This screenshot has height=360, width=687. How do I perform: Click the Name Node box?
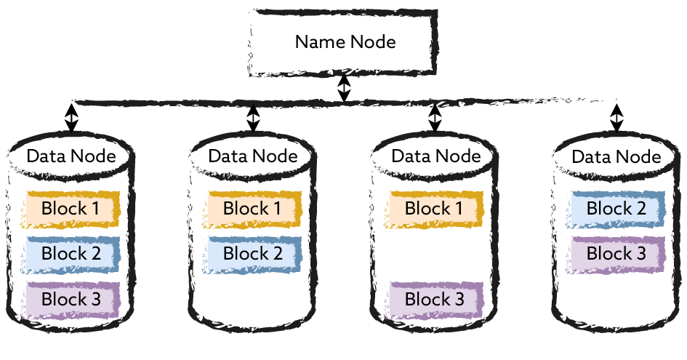click(345, 42)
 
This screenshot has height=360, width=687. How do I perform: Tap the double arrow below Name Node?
click(345, 89)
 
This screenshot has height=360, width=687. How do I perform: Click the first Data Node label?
click(71, 156)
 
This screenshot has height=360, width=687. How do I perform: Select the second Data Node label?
click(253, 156)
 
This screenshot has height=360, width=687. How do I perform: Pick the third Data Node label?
click(435, 156)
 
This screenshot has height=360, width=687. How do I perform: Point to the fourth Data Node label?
click(616, 156)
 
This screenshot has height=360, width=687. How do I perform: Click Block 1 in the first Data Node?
click(71, 208)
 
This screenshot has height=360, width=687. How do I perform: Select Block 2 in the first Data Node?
click(71, 254)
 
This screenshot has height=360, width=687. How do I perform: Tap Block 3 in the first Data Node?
click(71, 299)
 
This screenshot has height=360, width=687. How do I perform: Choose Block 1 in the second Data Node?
click(253, 208)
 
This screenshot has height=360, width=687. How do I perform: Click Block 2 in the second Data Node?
click(253, 254)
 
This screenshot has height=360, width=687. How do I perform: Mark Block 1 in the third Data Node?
click(435, 208)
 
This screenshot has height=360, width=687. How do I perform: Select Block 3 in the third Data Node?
click(435, 299)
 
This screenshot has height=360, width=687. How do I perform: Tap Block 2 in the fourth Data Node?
click(617, 208)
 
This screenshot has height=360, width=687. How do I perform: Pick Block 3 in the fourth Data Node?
click(617, 254)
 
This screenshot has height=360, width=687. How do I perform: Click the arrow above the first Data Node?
click(71, 117)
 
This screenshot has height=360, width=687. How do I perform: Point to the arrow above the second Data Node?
click(253, 117)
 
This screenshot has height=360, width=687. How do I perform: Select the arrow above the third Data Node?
click(435, 117)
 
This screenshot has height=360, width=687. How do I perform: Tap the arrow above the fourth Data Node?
click(616, 117)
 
